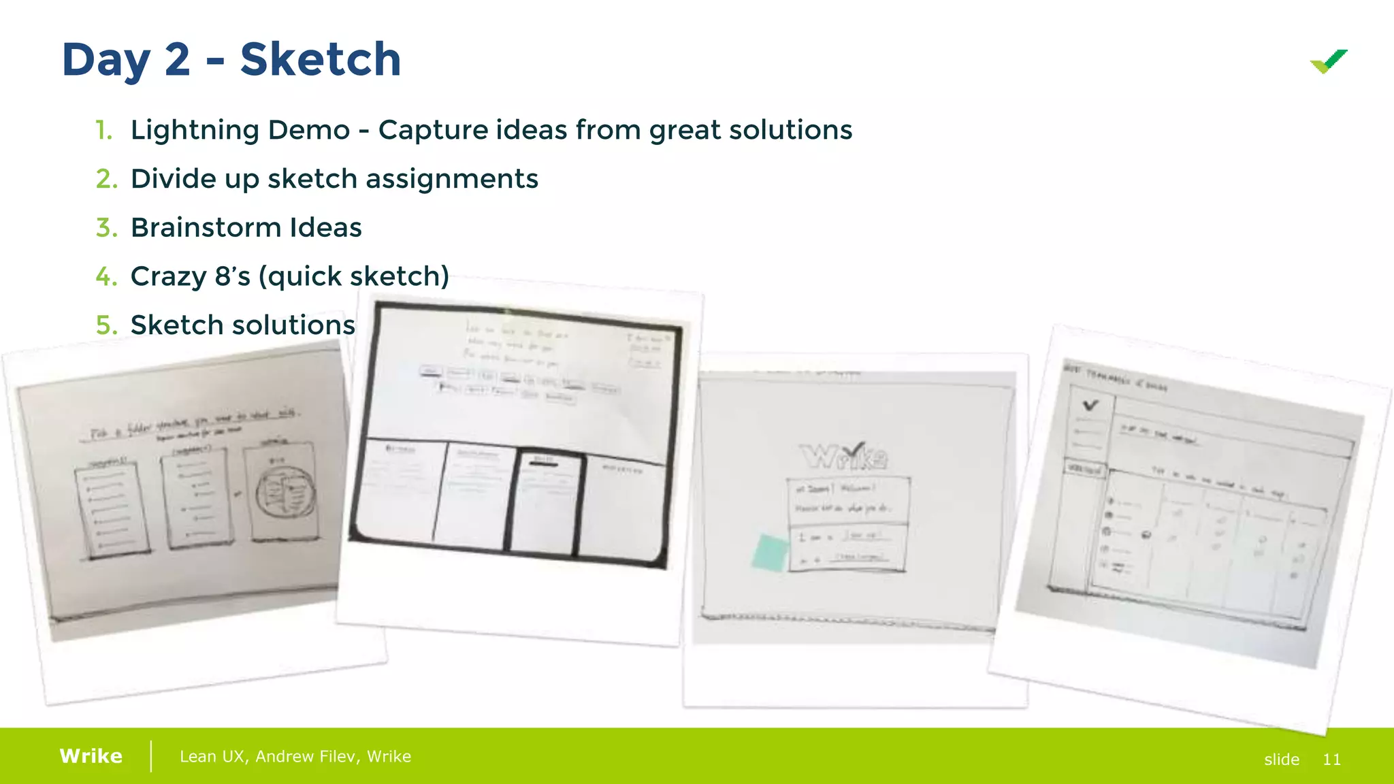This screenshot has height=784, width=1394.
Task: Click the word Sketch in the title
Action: (x=320, y=60)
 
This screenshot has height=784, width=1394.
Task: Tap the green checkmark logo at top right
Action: (x=1329, y=62)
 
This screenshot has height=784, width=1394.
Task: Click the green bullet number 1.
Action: (x=103, y=130)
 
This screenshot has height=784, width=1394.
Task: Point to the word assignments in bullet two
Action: (x=451, y=179)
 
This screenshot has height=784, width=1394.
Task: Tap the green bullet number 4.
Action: (x=106, y=276)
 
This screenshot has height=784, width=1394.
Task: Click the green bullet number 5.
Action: (x=106, y=325)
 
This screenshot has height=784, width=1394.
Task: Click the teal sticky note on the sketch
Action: (x=770, y=552)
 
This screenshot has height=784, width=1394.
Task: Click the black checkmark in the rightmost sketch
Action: (x=1090, y=406)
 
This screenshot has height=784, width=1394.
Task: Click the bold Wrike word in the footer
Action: (x=91, y=756)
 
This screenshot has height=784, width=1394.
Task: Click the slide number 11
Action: (x=1331, y=759)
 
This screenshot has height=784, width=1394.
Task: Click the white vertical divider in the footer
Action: (x=151, y=756)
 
